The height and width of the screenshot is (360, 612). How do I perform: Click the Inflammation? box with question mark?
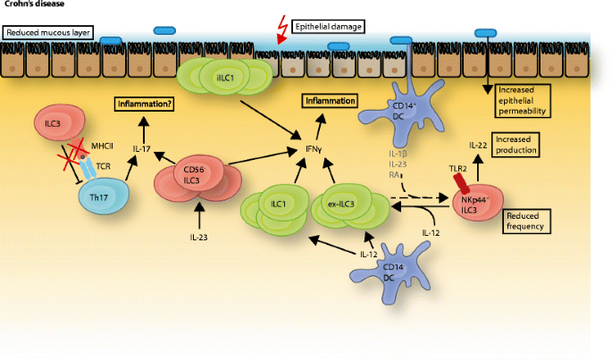[143, 105]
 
